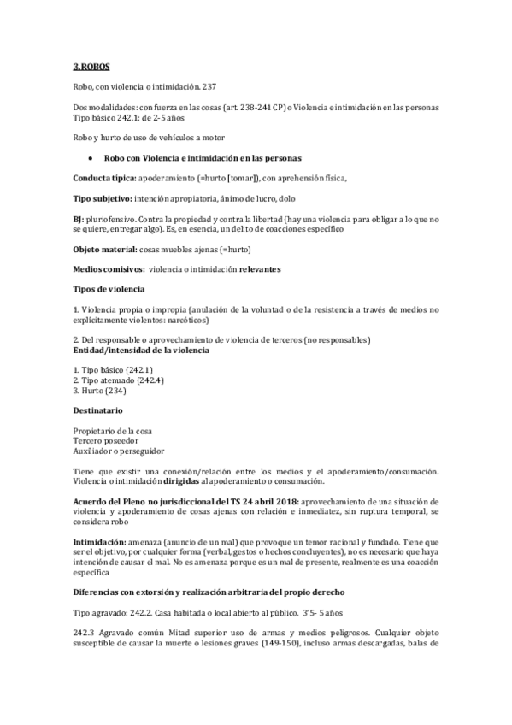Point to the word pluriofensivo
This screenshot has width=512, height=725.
pos(109,220)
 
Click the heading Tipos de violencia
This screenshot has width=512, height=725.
pos(109,290)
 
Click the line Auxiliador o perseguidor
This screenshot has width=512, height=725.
pos(119,451)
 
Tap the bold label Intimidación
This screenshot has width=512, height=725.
pos(100,543)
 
